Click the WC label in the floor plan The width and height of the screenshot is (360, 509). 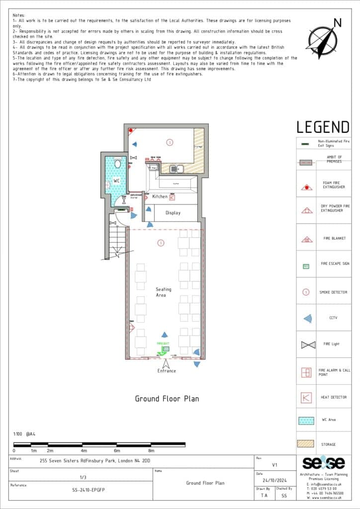point(116,180)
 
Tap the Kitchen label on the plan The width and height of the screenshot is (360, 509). point(160,197)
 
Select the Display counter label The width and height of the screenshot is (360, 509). point(173,213)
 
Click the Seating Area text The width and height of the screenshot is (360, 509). point(164,292)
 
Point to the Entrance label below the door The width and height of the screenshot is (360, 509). point(167,371)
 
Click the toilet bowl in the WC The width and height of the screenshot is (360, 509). point(118,163)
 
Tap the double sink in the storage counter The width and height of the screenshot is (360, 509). point(176,169)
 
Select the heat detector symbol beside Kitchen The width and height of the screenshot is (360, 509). point(172,197)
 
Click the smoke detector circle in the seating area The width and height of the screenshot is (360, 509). point(160,243)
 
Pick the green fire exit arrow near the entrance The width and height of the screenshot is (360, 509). point(161,353)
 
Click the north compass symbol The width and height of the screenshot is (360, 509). point(323,38)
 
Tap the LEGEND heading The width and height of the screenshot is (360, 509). point(323,127)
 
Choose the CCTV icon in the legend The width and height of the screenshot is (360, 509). point(308,319)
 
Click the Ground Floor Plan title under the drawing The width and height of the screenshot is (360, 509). point(167,399)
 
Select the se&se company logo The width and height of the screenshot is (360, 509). point(323,463)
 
